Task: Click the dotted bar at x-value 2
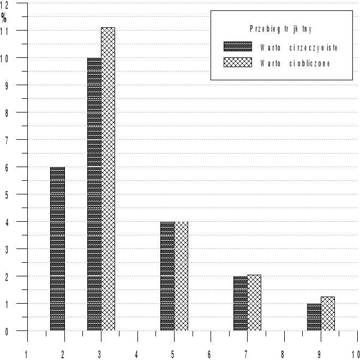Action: (57, 248)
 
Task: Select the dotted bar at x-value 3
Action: (94, 194)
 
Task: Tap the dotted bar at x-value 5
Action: (167, 276)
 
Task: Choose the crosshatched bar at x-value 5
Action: (181, 276)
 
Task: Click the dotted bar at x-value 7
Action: (241, 303)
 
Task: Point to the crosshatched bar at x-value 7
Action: (254, 303)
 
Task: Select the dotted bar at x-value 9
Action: (314, 317)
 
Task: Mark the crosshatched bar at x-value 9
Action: (327, 313)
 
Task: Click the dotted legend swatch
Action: (237, 47)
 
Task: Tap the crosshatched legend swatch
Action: (237, 63)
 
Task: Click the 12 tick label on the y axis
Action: (4, 4)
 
